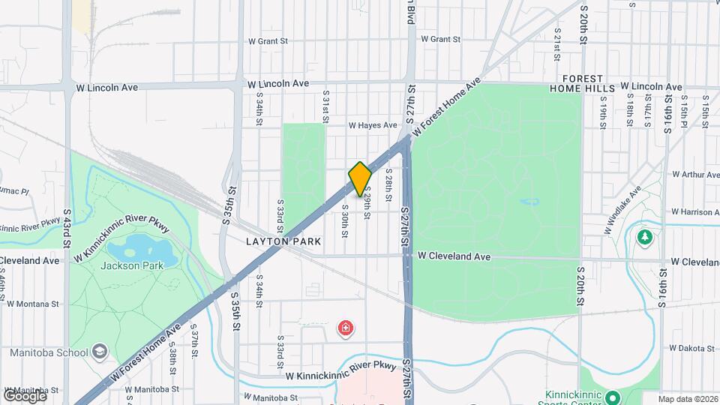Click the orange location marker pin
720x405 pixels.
click(360, 178)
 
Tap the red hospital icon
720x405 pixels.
click(346, 328)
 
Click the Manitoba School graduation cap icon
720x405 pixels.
click(100, 352)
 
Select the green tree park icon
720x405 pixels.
click(644, 237)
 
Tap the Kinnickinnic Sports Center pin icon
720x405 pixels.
click(613, 397)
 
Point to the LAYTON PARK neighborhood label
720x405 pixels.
click(283, 242)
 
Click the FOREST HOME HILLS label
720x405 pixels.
click(589, 83)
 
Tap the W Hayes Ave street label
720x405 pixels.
click(372, 125)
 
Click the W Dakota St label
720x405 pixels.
click(694, 348)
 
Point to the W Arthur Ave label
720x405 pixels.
click(695, 174)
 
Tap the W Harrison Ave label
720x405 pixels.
click(695, 212)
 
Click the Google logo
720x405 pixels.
click(24, 395)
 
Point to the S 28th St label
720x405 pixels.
click(389, 183)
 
